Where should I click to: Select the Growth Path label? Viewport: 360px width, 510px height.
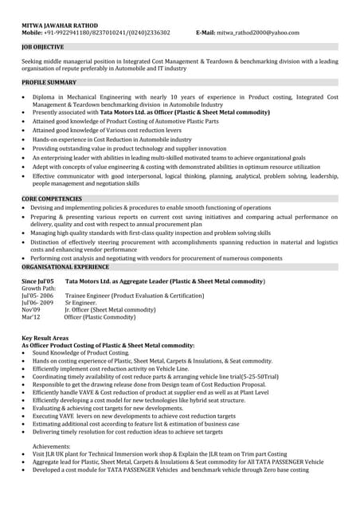(x=39, y=288)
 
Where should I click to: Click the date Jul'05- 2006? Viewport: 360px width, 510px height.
(x=37, y=296)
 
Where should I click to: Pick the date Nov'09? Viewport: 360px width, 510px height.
(x=30, y=309)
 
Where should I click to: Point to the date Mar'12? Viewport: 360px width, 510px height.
(x=30, y=316)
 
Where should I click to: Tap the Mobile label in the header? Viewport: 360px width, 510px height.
(x=32, y=33)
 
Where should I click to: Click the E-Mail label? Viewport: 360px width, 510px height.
(x=205, y=33)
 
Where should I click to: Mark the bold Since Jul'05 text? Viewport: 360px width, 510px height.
(x=37, y=282)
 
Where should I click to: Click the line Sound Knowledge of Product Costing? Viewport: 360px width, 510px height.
(x=80, y=352)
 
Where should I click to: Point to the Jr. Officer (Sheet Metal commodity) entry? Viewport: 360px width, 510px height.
(x=110, y=309)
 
